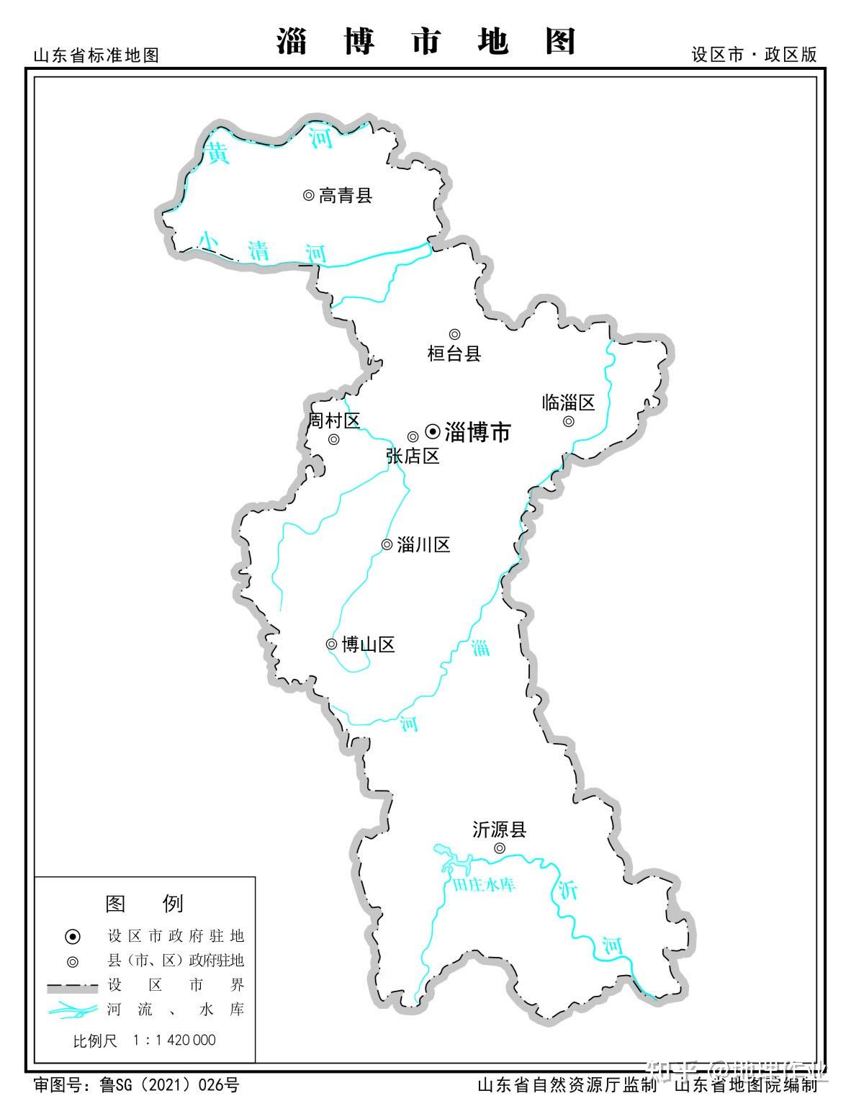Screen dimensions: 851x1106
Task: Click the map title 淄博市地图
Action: tap(426, 41)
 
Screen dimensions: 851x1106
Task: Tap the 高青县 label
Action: tap(346, 195)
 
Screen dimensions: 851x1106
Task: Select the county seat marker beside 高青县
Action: tap(308, 195)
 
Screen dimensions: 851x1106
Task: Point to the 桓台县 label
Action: tap(454, 354)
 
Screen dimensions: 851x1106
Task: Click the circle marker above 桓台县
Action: tap(454, 334)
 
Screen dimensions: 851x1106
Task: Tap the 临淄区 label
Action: tap(568, 403)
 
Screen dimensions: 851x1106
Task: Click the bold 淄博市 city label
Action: tap(478, 432)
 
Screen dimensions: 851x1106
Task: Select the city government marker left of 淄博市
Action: tap(433, 431)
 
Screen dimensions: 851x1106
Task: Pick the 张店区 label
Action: tap(413, 456)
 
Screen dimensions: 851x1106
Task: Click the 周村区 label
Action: tap(333, 421)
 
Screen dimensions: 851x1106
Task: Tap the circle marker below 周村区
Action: tap(333, 439)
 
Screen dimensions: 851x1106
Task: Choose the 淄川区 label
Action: tap(423, 545)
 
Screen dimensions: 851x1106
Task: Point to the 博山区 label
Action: tap(368, 644)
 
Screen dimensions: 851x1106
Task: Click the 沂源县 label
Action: tap(499, 830)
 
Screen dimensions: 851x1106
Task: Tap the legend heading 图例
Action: tap(144, 903)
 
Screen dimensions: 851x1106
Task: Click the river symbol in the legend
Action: tap(73, 1010)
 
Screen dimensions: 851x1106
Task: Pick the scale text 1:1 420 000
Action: tap(174, 1040)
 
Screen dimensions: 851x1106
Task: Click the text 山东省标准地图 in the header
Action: tap(96, 55)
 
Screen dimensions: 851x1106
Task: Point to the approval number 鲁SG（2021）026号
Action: tap(170, 1085)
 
